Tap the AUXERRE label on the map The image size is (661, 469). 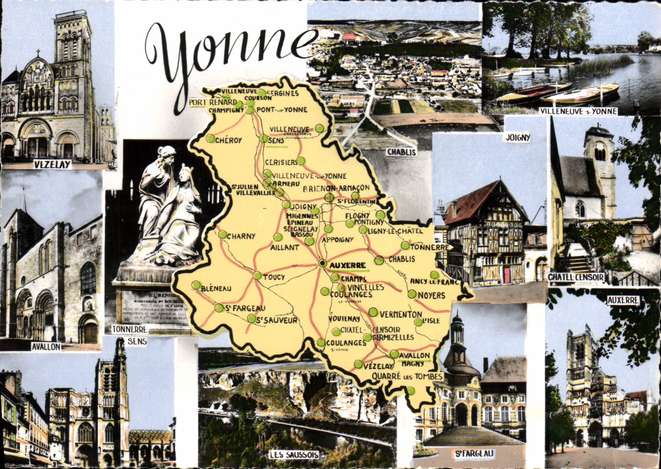(x=348, y=265)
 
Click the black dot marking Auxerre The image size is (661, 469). (x=322, y=263)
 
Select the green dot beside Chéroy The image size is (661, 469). (x=210, y=139)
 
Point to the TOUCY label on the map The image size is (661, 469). (x=274, y=277)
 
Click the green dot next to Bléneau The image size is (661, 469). (x=196, y=284)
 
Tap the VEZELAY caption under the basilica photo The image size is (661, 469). (x=52, y=164)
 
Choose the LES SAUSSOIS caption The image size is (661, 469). (x=293, y=455)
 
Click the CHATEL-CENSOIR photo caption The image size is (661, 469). (x=576, y=278)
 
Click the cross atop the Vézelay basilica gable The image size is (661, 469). (x=38, y=52)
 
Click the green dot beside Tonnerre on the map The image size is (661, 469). (x=405, y=246)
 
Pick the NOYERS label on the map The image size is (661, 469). (x=431, y=295)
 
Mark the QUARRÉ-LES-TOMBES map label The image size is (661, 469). (x=407, y=376)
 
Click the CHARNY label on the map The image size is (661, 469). (x=241, y=236)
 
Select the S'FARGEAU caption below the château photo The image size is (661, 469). (x=474, y=453)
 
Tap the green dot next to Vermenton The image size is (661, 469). (x=374, y=312)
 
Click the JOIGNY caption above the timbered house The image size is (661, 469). (x=518, y=137)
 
